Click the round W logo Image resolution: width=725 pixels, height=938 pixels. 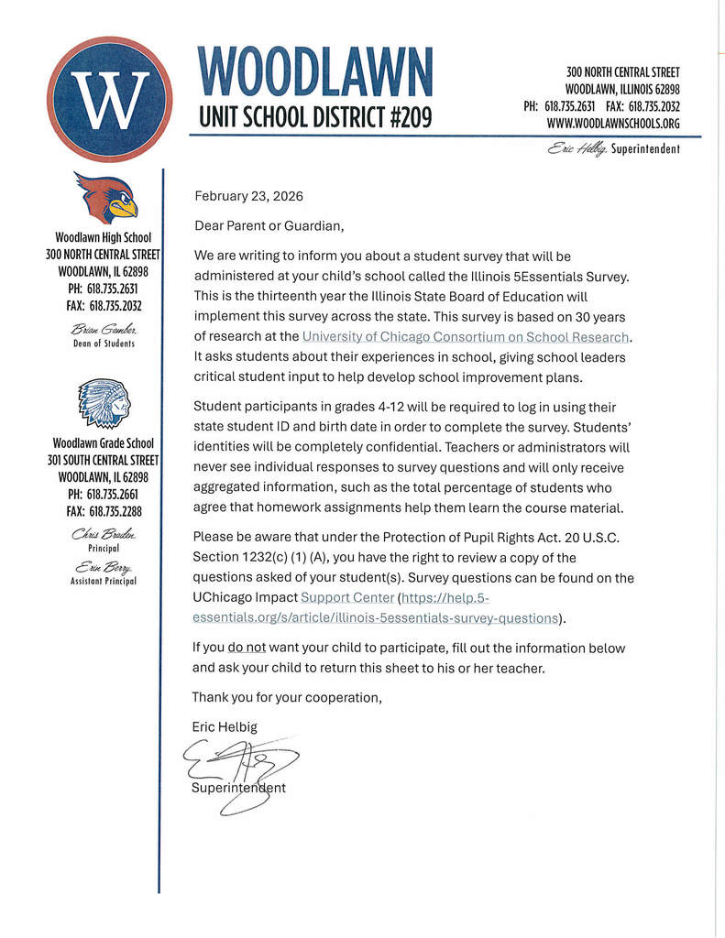coord(109,99)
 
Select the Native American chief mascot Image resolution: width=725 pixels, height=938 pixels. coord(104,405)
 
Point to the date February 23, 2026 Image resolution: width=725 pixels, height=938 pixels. coord(248,196)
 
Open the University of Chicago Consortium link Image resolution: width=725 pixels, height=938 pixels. coord(467,336)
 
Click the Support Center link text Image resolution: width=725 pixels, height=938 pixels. coord(346,597)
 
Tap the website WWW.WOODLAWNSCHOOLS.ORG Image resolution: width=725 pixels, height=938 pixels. coord(613,123)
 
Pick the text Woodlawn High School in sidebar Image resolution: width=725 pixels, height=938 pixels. coord(103,237)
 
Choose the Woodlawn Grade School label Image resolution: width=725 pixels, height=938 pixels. coord(103,444)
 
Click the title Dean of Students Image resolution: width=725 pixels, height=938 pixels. coord(104,344)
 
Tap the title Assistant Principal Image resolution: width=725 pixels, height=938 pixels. coord(104,581)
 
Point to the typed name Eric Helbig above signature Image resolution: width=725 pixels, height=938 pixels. coord(225,726)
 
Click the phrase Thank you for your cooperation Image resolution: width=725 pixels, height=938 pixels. coord(287,697)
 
